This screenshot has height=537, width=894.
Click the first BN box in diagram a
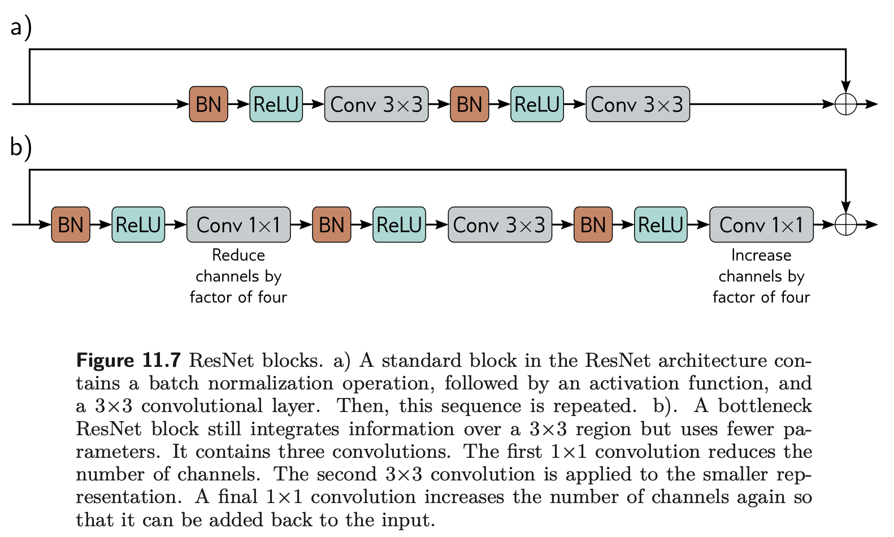click(x=209, y=104)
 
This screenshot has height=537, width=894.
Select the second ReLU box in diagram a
click(x=537, y=104)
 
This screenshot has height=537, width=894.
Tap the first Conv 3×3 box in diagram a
click(x=376, y=104)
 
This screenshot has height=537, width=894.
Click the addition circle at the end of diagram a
click(x=846, y=104)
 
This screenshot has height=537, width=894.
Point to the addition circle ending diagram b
click(x=846, y=224)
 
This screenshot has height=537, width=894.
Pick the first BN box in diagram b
click(x=71, y=224)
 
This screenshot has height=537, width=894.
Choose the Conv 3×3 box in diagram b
click(x=500, y=224)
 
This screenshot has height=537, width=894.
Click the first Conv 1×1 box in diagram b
click(x=238, y=224)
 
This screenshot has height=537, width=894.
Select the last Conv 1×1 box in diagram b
click(x=761, y=224)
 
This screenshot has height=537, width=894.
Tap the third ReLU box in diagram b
click(x=661, y=224)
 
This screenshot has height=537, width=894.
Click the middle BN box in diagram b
click(x=331, y=224)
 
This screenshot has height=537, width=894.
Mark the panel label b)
click(x=21, y=148)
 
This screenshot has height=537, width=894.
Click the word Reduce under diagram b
click(x=238, y=255)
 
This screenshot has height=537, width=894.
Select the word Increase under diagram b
click(x=761, y=255)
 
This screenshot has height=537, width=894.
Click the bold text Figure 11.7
click(x=128, y=360)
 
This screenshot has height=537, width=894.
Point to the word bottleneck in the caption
click(x=765, y=406)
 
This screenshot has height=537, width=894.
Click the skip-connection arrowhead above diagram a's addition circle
click(x=846, y=86)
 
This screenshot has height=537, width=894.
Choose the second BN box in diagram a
click(x=470, y=104)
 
